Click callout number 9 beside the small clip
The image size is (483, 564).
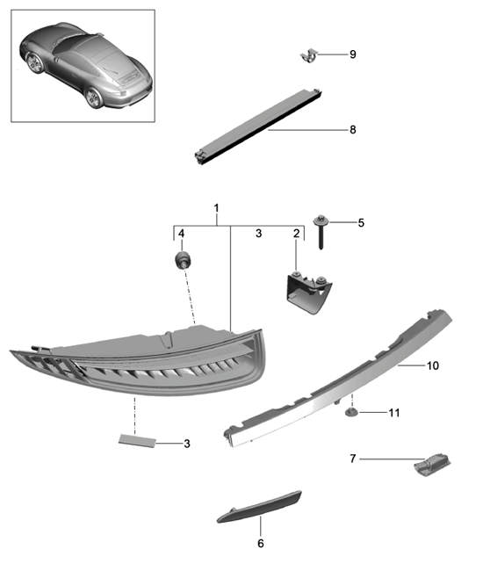pos(352,54)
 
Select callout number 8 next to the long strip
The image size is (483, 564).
pos(352,129)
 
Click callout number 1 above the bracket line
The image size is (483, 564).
pos(217,209)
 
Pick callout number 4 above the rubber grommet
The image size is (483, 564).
pos(182,234)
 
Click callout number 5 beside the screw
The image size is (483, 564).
pos(360,223)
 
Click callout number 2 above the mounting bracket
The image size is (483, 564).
pos(297,234)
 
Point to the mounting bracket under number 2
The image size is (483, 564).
pos(306,292)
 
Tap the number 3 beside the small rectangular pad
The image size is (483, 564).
pos(187,444)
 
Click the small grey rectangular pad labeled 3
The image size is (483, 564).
pos(135,440)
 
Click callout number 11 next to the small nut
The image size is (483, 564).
pos(394,411)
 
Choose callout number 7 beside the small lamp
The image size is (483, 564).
pos(353,458)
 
